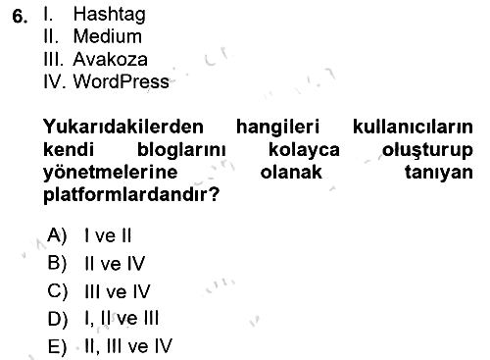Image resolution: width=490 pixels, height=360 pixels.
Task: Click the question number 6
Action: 20,17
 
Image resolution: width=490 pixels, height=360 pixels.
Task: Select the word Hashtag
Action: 110,15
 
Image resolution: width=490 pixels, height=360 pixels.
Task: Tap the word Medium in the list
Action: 108,36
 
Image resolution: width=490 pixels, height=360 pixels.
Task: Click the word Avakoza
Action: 110,59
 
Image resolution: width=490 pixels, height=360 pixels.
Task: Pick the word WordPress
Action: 122,81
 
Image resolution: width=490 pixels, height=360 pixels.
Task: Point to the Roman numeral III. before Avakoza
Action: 53,59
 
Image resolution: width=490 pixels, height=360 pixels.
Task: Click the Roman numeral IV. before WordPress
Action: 55,81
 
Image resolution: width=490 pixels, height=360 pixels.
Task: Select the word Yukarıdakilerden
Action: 123,127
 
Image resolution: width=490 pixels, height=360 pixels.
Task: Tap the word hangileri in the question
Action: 277,128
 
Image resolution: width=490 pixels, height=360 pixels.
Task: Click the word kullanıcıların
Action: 413,127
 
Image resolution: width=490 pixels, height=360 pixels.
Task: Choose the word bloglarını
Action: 181,150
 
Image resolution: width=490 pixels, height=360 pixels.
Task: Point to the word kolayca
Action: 304,150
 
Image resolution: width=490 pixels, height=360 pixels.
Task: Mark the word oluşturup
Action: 427,150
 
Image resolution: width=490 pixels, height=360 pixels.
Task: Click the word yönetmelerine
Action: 111,173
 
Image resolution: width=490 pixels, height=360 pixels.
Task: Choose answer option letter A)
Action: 57,235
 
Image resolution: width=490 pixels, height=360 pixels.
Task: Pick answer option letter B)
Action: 57,263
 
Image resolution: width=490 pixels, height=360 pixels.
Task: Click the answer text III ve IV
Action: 118,291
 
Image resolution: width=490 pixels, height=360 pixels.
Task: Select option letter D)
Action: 58,319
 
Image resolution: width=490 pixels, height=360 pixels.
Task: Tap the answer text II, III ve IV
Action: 128,346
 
